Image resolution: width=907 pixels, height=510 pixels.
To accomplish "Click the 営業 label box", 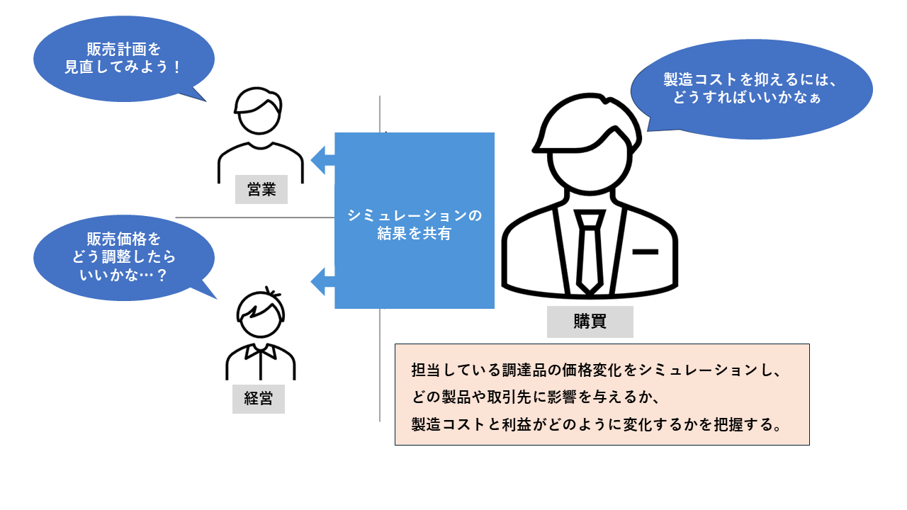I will coord(261,189).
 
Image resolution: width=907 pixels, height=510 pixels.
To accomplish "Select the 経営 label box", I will coord(258,398).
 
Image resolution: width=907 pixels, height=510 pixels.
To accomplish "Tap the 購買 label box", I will coord(590,321).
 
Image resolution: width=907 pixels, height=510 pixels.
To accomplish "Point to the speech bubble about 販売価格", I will coord(123,256).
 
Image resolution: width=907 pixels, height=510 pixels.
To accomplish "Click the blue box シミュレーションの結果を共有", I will coord(415,220).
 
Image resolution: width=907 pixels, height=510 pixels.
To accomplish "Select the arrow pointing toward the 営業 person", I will coord(323,159).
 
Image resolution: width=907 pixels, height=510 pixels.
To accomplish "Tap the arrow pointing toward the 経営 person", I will coord(323,280).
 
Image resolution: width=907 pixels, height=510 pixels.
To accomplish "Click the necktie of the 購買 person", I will coord(589,251).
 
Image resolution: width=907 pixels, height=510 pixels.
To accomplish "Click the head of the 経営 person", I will coord(261,315).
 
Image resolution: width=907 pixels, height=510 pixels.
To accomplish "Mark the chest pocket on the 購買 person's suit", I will coord(645,251).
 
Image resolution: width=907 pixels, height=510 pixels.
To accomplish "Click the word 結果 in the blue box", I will coord(393,233).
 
